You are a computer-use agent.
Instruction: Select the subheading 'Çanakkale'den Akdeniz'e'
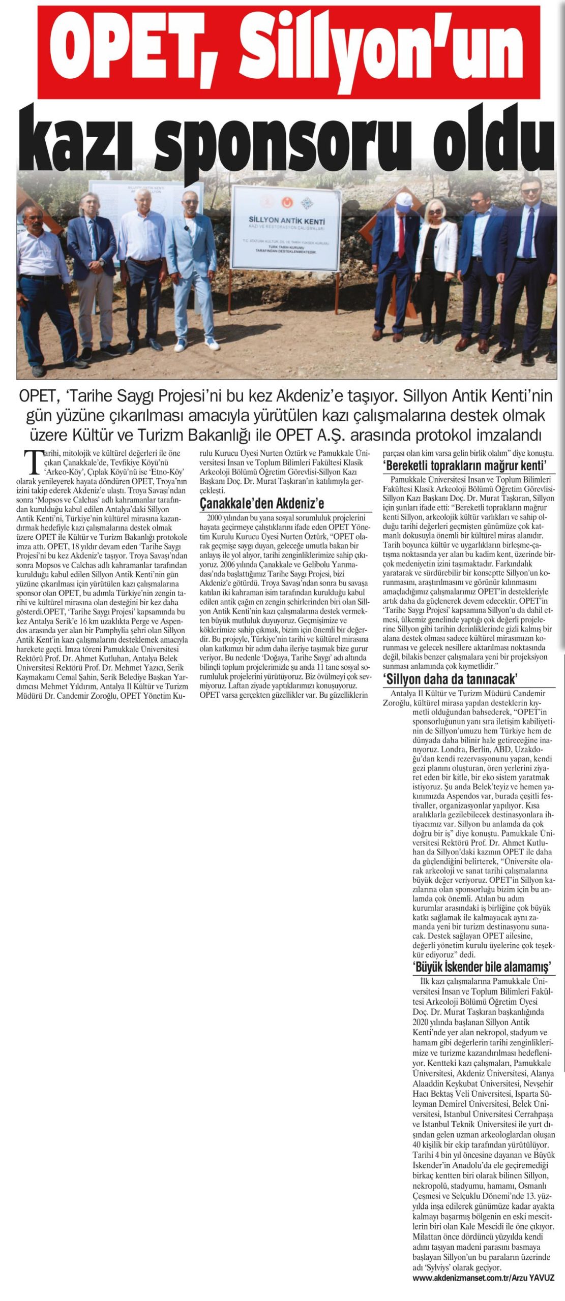(x=262, y=503)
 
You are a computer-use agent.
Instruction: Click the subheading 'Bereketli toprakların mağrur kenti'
(x=466, y=466)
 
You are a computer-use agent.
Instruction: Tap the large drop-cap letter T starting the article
(x=34, y=460)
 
